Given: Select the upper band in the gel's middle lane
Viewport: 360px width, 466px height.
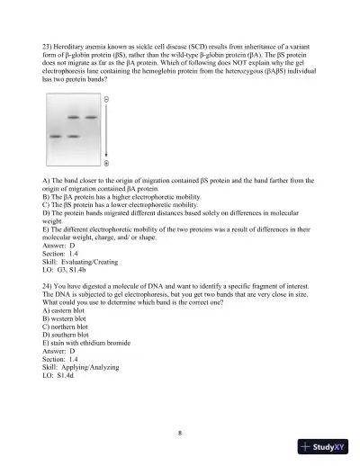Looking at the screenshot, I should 71,117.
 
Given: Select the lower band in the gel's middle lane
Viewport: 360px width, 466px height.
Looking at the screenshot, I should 71,137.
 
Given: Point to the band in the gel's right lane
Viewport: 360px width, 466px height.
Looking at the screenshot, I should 90,117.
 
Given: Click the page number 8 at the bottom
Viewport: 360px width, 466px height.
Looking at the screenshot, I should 180,433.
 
